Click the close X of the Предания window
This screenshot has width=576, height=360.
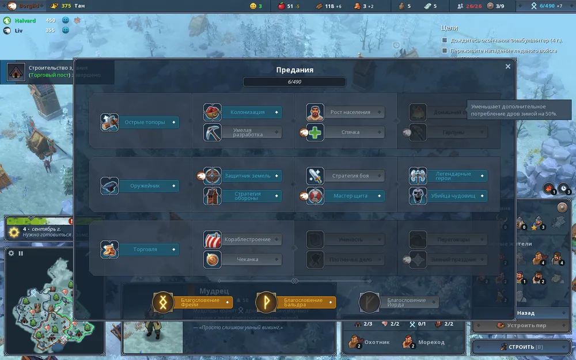[507, 66]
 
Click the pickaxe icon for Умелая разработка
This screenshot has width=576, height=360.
[212, 132]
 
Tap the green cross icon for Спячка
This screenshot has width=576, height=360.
[315, 132]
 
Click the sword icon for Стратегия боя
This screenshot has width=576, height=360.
[315, 176]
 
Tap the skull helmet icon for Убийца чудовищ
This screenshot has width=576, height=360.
[418, 196]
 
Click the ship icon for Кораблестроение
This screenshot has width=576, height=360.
[212, 239]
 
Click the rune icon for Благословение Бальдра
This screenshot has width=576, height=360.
[266, 302]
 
